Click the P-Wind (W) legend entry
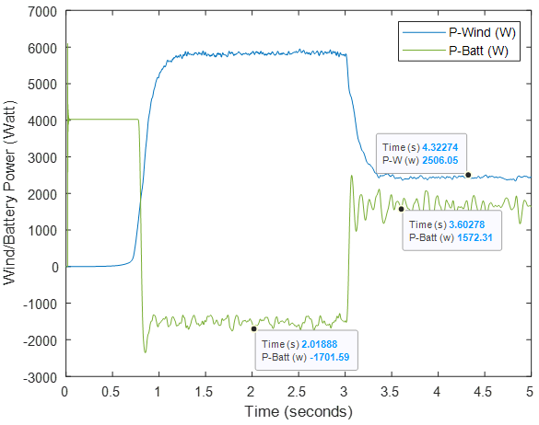click(459, 32)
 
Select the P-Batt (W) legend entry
click(455, 51)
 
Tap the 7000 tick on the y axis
click(42, 12)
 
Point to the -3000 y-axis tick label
click(40, 378)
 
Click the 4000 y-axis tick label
click(42, 121)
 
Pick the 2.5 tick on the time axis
click(297, 392)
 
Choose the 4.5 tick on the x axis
click(483, 392)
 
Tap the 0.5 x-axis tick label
click(111, 392)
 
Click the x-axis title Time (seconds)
click(299, 411)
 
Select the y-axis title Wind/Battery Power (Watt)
click(9, 192)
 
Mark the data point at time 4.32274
click(468, 175)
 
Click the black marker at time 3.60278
click(401, 209)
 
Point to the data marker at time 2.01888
click(254, 329)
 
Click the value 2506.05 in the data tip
click(440, 160)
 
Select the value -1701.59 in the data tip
click(330, 357)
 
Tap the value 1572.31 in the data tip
click(475, 237)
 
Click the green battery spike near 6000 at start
click(67, 45)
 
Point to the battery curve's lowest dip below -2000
click(145, 352)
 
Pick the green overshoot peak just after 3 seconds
click(351, 176)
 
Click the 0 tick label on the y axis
click(55, 268)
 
